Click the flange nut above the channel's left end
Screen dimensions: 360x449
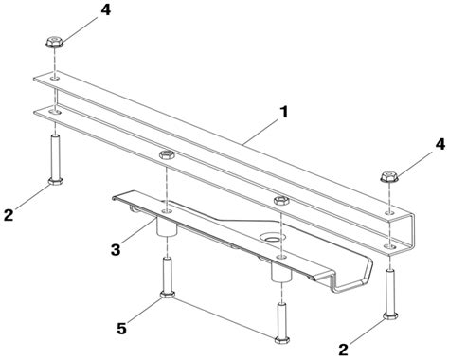[54, 45]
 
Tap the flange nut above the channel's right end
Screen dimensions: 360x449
[388, 177]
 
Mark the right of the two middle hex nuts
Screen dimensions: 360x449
[280, 200]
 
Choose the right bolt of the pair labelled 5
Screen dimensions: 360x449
[280, 317]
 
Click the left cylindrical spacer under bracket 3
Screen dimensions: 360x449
[167, 228]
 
